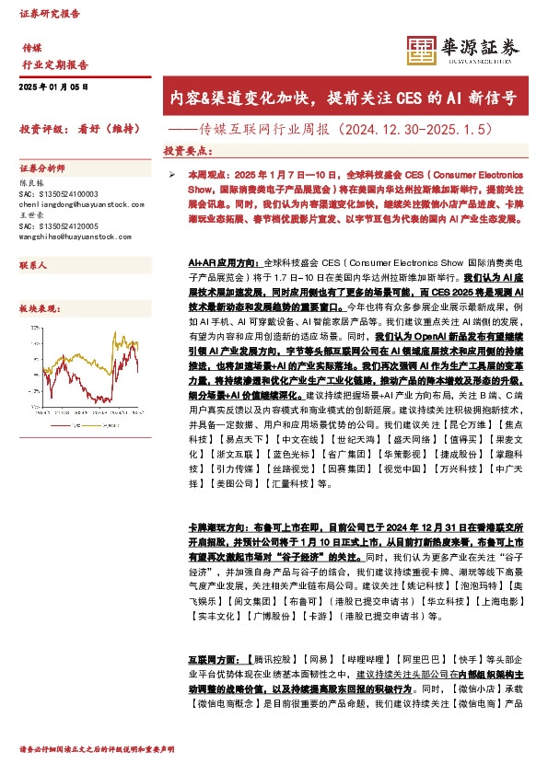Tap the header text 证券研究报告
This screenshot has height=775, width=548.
click(x=50, y=15)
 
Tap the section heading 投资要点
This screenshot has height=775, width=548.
click(x=189, y=150)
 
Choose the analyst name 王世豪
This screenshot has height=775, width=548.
click(x=31, y=215)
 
